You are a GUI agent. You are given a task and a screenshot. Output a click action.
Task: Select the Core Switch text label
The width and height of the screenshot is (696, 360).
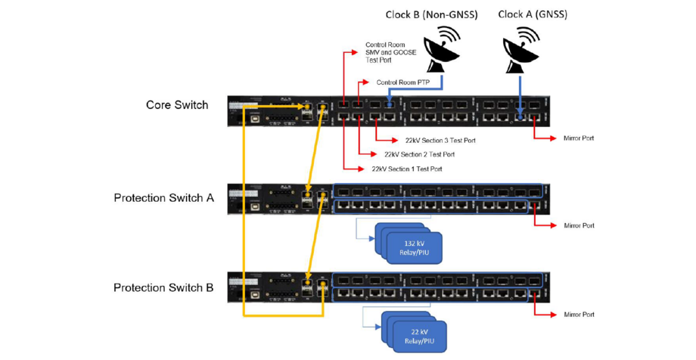[177, 104]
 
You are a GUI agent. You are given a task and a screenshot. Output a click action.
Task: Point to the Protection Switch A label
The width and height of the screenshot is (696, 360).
[163, 198]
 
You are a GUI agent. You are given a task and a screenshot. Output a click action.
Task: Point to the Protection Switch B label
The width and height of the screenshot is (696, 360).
[163, 287]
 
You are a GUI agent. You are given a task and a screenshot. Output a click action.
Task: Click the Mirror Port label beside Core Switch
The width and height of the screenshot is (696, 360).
[579, 138]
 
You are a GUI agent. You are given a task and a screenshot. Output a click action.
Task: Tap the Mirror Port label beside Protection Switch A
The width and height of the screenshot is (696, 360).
[579, 225]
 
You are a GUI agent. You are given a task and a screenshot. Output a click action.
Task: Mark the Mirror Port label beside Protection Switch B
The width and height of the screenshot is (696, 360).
[579, 313]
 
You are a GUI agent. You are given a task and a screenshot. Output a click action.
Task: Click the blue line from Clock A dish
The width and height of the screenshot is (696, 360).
[520, 91]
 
